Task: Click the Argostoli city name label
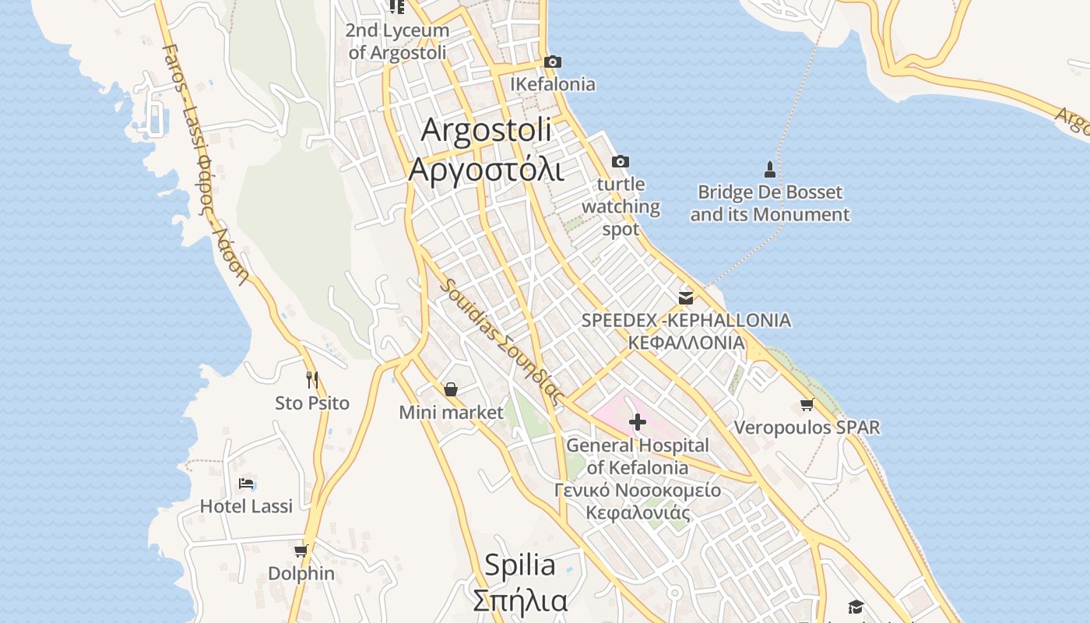486,130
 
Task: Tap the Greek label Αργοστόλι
486,169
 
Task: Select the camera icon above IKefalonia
553,62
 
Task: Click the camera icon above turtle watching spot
621,161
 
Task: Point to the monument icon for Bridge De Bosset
770,169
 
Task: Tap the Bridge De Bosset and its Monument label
770,203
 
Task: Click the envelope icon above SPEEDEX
686,297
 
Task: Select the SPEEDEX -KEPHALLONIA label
686,320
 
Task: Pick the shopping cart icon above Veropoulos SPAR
807,404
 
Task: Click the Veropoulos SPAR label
807,428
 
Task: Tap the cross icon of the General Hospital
638,423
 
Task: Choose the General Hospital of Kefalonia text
638,456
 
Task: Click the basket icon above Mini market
451,389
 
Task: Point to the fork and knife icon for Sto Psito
312,380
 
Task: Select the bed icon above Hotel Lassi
246,484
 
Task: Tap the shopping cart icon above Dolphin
301,551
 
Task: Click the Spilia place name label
519,565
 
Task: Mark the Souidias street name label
501,340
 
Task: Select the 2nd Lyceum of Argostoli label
398,41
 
